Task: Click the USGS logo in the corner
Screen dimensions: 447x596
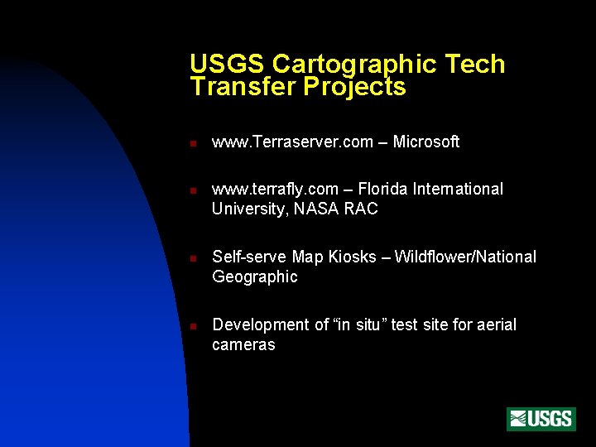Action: tap(541, 419)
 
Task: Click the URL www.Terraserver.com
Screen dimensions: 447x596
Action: tap(292, 142)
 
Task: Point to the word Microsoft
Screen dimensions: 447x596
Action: tap(425, 142)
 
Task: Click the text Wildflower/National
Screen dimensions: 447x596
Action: tap(465, 257)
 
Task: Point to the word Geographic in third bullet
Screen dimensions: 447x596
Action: tap(254, 277)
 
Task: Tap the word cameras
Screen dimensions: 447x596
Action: tap(243, 345)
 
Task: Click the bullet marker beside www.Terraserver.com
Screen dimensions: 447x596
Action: tap(191, 143)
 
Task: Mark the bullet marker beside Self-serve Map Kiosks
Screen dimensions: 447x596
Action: tap(191, 258)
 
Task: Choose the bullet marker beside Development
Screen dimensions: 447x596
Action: tap(191, 326)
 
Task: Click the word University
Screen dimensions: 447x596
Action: tap(248, 209)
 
